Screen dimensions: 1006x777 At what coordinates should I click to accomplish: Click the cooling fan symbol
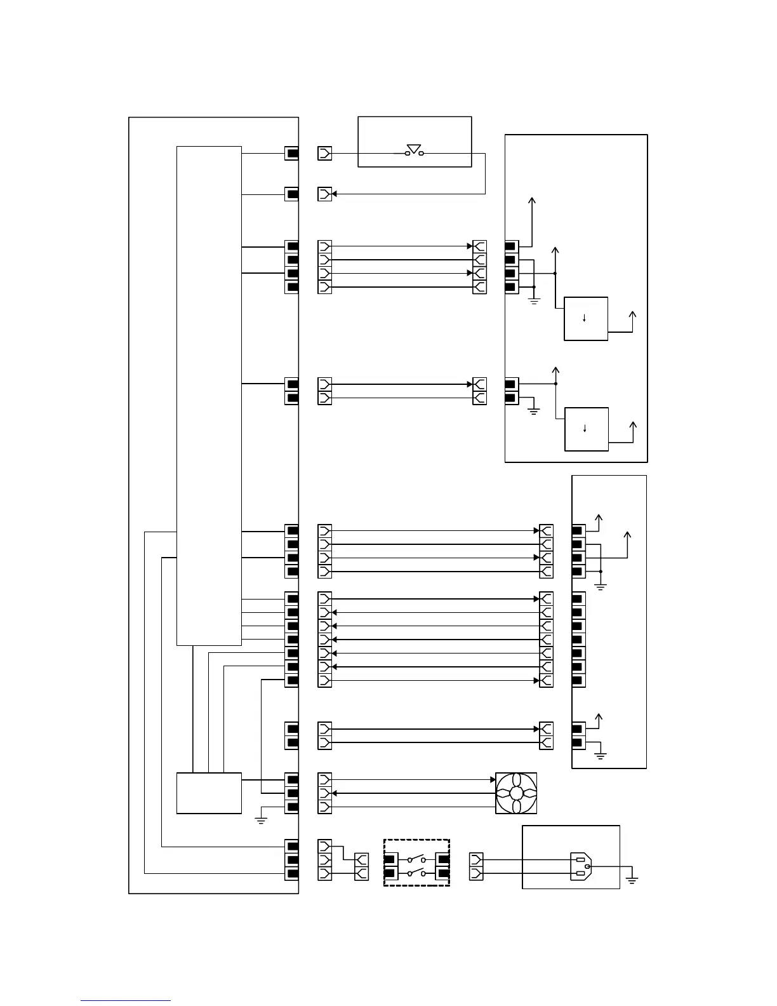pos(516,793)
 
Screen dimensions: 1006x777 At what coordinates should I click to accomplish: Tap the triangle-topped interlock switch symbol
pos(415,151)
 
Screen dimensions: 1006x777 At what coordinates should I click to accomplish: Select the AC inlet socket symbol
pos(581,866)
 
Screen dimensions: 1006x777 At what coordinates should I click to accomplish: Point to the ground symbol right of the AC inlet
pos(631,879)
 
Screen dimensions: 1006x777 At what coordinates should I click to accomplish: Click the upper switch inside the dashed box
pos(416,859)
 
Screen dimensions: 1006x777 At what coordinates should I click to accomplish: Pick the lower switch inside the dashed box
pos(416,873)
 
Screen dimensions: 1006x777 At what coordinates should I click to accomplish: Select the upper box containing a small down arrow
pos(586,318)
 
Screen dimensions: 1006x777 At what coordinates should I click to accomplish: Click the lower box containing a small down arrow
pos(587,429)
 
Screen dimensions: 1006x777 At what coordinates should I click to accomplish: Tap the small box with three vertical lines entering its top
pos(209,793)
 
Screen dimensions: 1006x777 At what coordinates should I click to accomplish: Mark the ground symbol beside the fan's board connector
pos(260,820)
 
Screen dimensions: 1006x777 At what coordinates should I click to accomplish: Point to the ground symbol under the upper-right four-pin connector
pos(534,300)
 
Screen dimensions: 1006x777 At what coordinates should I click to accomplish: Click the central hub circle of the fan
pos(516,793)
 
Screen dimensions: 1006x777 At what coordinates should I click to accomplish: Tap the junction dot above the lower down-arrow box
pos(556,384)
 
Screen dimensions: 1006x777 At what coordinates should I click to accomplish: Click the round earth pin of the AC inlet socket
pos(587,866)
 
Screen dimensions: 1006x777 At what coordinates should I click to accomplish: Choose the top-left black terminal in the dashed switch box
pos(389,859)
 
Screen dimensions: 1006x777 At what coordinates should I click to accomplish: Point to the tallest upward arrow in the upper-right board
pos(532,201)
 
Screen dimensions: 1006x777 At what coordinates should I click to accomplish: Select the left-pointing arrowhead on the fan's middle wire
pos(335,793)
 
